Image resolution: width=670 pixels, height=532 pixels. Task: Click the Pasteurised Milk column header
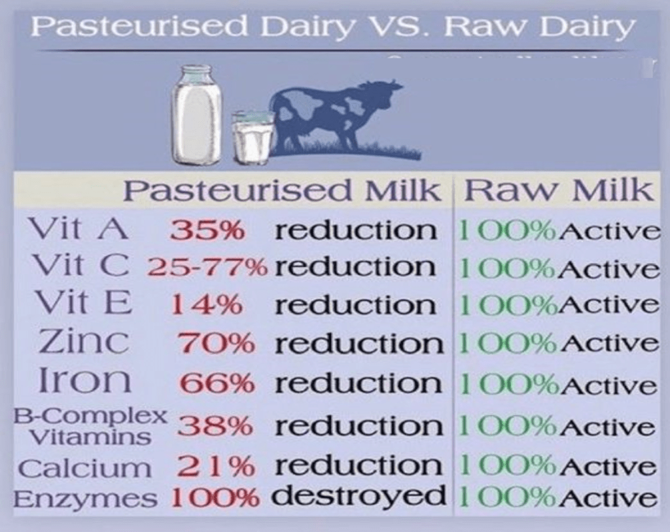[281, 190]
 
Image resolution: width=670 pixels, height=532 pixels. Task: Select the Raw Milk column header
[559, 190]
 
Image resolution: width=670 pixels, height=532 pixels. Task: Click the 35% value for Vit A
[207, 231]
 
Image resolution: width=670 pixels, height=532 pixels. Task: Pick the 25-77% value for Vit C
[207, 268]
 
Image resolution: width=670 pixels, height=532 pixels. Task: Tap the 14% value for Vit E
[207, 306]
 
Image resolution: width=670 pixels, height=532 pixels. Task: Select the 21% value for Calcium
[216, 467]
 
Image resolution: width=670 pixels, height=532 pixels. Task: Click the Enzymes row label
[85, 499]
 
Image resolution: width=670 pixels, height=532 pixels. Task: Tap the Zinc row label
[84, 342]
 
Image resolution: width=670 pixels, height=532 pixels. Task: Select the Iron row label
[84, 380]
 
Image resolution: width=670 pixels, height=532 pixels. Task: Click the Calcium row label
[85, 468]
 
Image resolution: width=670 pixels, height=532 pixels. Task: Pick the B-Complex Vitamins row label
[90, 426]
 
